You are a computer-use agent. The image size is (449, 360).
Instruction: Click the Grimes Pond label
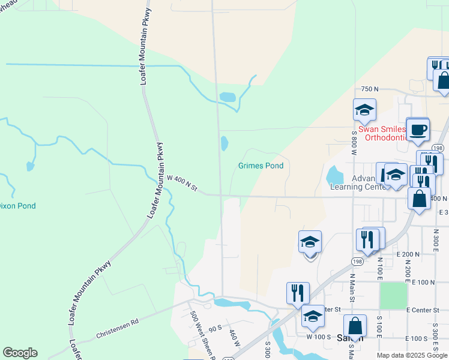[x=261, y=166]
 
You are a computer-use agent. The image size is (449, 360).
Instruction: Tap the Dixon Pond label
[x=17, y=206]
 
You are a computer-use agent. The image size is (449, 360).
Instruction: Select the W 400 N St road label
[x=182, y=184]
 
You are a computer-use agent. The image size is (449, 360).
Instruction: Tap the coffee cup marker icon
[x=418, y=129]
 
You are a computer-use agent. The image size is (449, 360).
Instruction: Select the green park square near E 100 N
[x=393, y=296]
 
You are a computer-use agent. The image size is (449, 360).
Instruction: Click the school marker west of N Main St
[x=310, y=242]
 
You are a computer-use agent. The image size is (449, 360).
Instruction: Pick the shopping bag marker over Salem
[x=355, y=327]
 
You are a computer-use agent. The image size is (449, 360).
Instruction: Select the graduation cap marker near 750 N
[x=364, y=110]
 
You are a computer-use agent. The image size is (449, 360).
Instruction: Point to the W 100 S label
[x=319, y=337]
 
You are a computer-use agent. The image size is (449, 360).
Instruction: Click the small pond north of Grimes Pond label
[x=224, y=143]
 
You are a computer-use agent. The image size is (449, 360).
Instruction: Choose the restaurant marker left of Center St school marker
[x=298, y=293]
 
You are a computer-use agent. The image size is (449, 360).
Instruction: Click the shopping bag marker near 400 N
[x=419, y=199]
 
